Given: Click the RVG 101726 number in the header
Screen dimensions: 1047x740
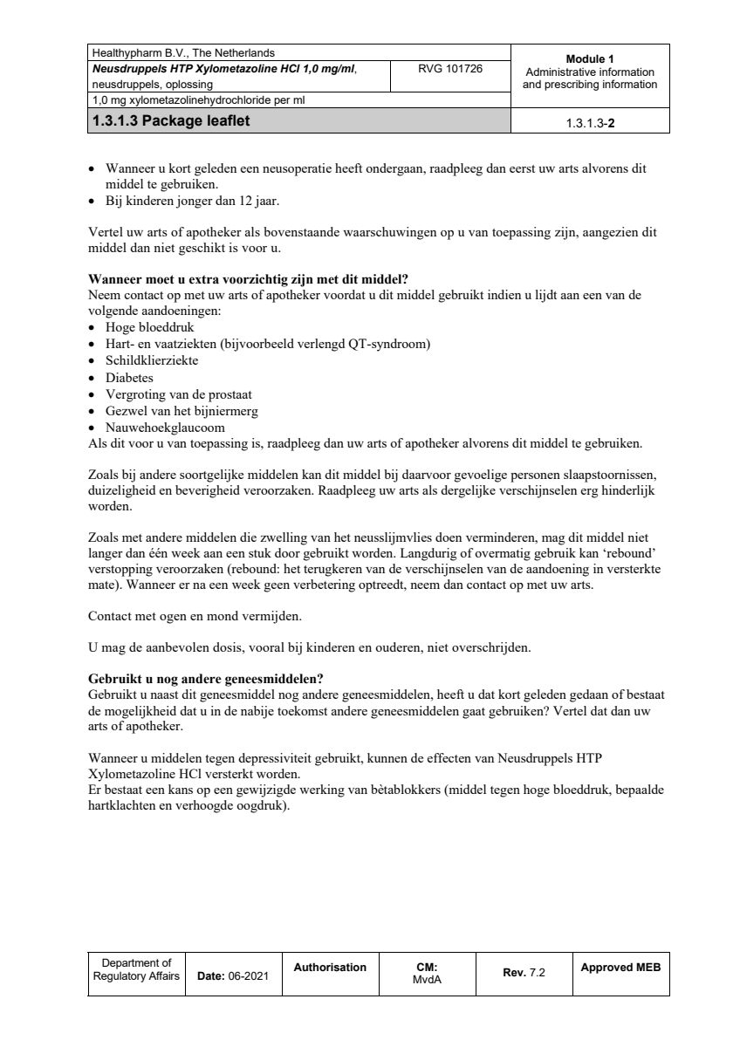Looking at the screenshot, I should tap(450, 68).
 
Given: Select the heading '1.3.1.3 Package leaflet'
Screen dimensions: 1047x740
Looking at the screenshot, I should tap(169, 121).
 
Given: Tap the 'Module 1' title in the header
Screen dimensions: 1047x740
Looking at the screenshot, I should tap(590, 58).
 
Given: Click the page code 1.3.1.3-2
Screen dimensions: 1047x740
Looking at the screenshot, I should tap(590, 123).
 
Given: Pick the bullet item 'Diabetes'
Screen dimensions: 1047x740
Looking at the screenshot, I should tap(129, 378).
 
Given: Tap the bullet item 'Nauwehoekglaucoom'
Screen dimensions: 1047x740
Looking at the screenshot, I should tap(165, 428).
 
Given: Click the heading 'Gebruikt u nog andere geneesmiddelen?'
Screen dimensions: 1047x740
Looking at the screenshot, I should tap(206, 680).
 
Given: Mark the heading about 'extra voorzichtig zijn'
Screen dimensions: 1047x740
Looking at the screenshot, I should tap(249, 279).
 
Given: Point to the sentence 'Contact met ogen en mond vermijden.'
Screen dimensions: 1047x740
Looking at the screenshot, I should tap(195, 616).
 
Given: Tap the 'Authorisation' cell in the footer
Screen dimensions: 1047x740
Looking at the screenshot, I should tap(330, 968).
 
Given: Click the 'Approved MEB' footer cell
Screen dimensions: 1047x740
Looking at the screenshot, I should tap(620, 968).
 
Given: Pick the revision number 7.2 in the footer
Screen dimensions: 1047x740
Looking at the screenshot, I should tap(537, 973).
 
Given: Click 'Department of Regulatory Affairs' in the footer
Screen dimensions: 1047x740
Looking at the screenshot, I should tap(136, 969).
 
